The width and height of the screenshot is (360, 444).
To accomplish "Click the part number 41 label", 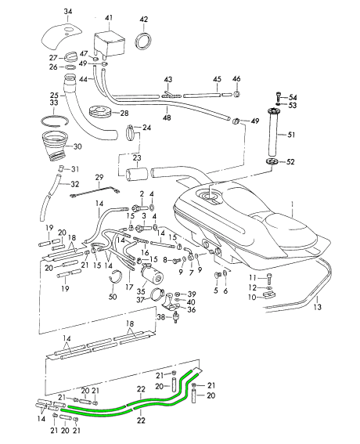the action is point(109,18).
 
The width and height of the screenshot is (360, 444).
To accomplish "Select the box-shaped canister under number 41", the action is point(109,43).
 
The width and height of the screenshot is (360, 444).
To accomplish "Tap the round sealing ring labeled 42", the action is point(143,41).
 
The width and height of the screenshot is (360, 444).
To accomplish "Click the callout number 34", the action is point(67,12).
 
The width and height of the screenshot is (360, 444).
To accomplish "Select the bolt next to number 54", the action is point(279,96).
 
